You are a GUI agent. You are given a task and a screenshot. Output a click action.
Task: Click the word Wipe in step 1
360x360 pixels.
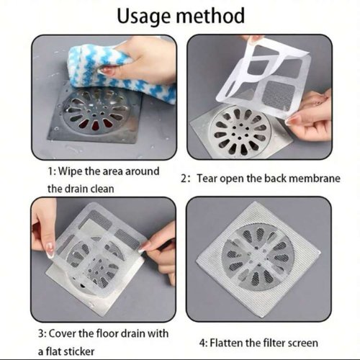[x=74, y=171]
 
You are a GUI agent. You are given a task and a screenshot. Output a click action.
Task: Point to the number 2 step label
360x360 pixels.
[x=184, y=178]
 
